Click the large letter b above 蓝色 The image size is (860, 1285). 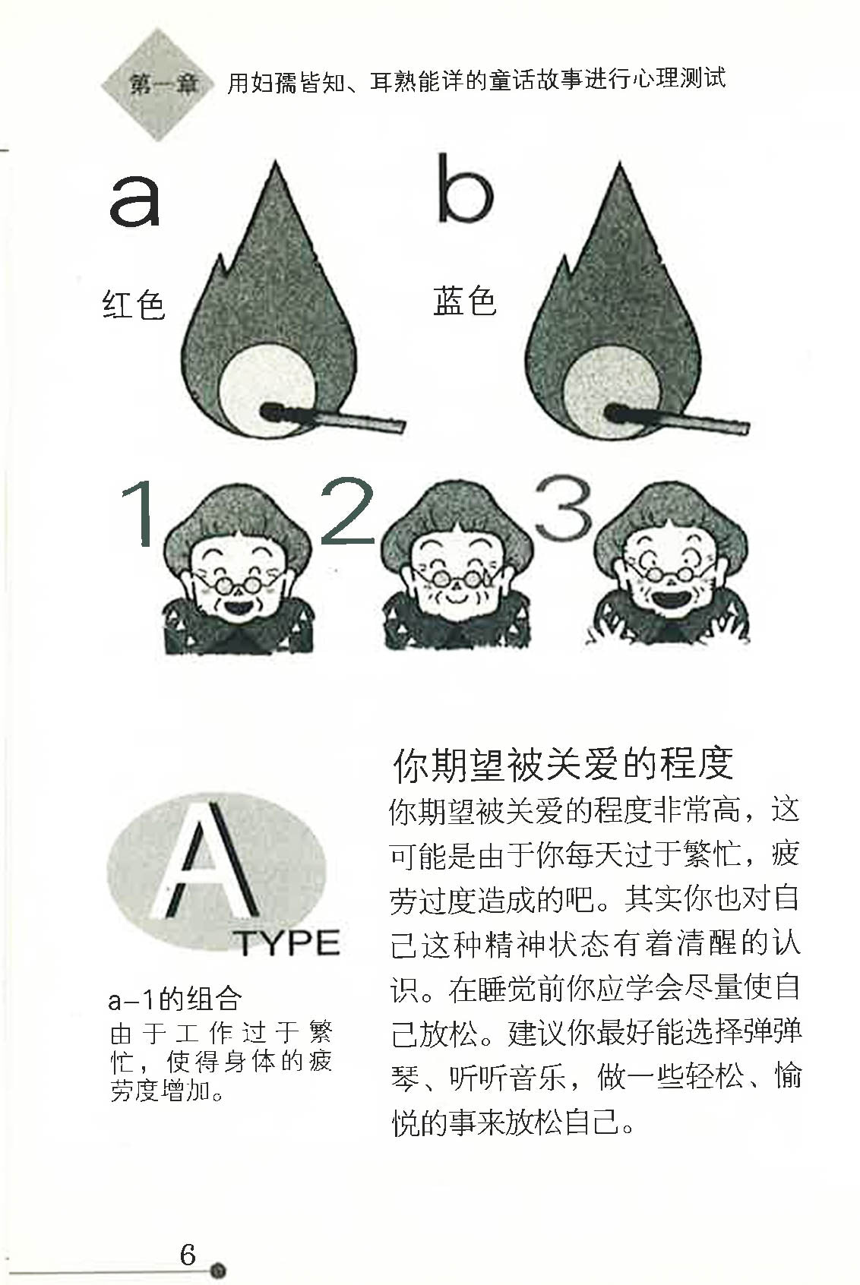(464, 190)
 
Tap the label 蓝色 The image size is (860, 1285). (464, 302)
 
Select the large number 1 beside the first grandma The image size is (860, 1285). (140, 514)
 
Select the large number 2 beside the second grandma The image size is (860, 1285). (347, 510)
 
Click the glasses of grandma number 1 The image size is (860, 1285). (238, 585)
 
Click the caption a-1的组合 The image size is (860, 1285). (175, 999)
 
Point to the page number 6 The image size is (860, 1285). (188, 1254)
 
